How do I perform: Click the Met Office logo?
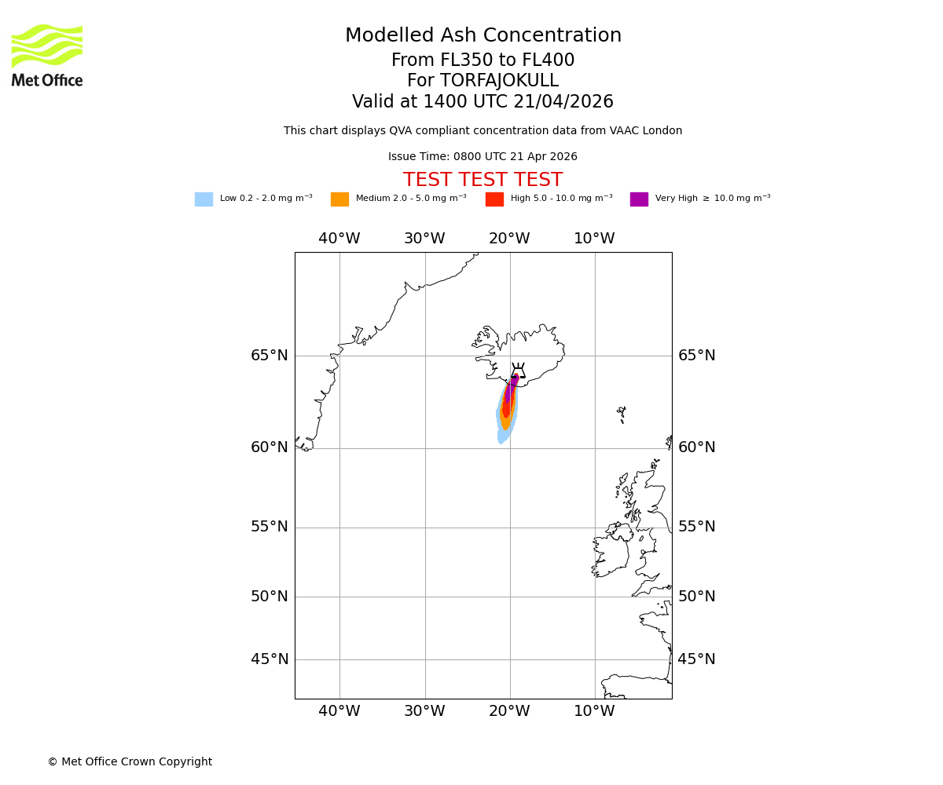tap(47, 55)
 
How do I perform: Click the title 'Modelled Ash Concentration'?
tap(483, 36)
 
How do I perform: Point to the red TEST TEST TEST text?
tap(483, 181)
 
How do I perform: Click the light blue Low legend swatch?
tap(204, 199)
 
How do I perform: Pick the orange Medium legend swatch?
tap(339, 199)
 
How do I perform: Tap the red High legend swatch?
tap(494, 199)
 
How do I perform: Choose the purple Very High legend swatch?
tap(639, 199)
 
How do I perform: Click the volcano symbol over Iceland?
tap(518, 371)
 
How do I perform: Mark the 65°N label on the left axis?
tap(270, 356)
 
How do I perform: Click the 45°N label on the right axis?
tap(696, 659)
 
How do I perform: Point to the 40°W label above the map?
tap(339, 239)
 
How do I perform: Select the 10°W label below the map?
tap(594, 711)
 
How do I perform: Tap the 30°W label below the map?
tap(424, 711)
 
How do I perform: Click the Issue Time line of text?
tap(483, 157)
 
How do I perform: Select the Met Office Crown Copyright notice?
tap(130, 762)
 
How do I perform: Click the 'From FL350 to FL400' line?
tap(483, 60)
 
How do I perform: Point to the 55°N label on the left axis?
tap(270, 527)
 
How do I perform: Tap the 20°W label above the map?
tap(509, 239)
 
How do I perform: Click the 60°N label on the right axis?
tap(696, 447)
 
